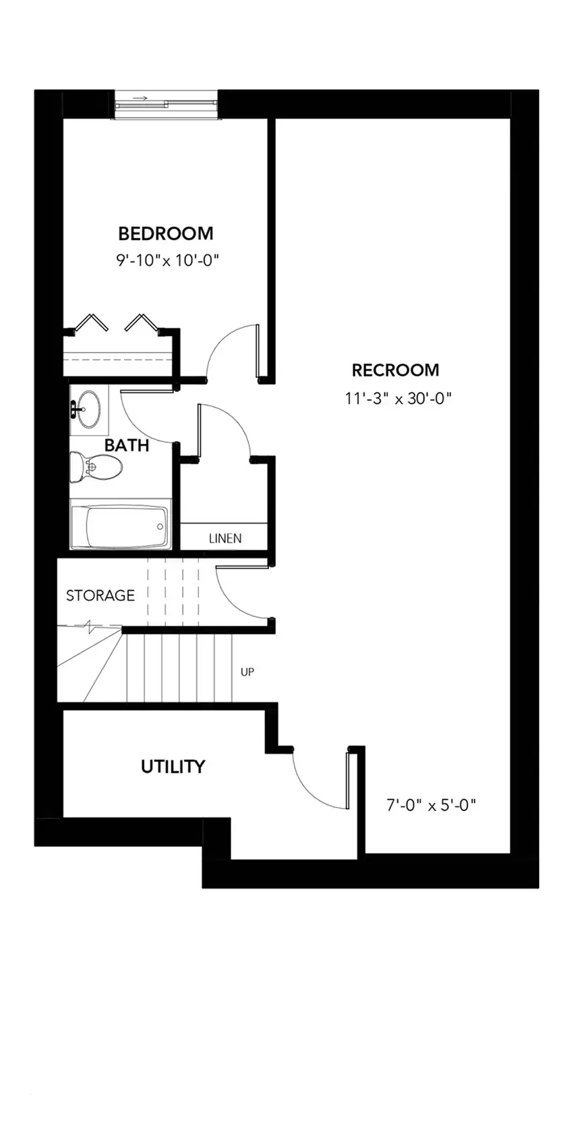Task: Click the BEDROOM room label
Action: tap(166, 233)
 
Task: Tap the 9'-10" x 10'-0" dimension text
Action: tap(168, 260)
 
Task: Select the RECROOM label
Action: tap(396, 370)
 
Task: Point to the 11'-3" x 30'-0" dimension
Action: tap(398, 398)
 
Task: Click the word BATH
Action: tap(127, 445)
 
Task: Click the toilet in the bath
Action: tap(96, 466)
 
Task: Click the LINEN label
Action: tap(225, 538)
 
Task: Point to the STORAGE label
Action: tap(100, 595)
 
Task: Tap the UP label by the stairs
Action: tap(247, 672)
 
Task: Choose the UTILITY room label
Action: tap(173, 766)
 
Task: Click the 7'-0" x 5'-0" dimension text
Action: tap(431, 806)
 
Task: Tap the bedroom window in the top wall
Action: tap(167, 105)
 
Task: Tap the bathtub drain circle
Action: tap(160, 526)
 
